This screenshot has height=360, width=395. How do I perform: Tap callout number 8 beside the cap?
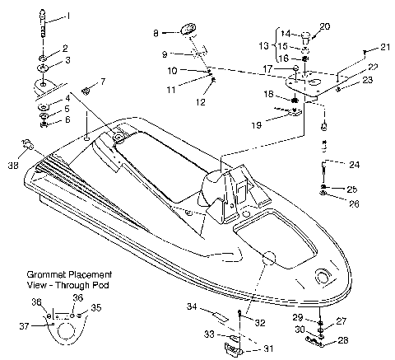(155, 33)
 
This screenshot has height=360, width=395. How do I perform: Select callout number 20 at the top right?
(325, 26)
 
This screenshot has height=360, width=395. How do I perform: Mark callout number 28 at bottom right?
(342, 340)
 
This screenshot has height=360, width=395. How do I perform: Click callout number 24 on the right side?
(355, 164)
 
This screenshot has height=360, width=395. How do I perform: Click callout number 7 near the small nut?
(103, 81)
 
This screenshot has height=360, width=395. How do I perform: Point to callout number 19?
(258, 124)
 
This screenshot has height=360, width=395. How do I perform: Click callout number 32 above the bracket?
(260, 322)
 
